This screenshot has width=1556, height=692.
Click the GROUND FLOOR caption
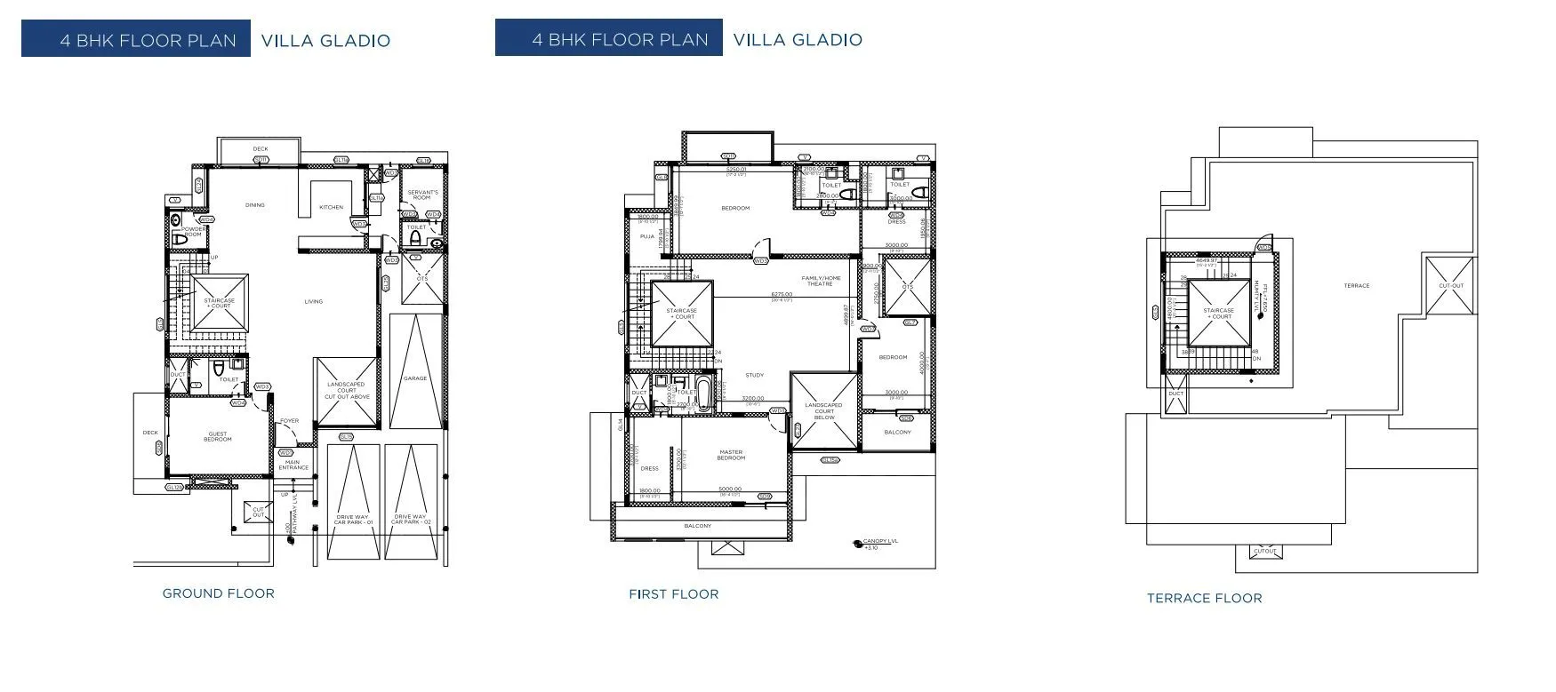click(x=218, y=593)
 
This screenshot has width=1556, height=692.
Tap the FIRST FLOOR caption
click(x=673, y=594)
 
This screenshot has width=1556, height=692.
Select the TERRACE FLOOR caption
click(x=1204, y=599)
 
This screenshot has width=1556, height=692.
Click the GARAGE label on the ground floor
click(x=415, y=378)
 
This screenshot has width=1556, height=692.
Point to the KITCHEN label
click(x=331, y=208)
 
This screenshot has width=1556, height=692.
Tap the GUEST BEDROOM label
click(x=218, y=437)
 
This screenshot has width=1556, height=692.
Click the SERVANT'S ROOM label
click(x=421, y=195)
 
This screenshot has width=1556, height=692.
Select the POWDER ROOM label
click(x=193, y=231)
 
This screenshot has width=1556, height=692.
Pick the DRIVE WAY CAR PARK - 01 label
click(x=352, y=519)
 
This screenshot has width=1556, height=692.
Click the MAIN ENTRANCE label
click(x=294, y=465)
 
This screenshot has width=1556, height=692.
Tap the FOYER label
click(x=289, y=421)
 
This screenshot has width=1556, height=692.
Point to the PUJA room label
click(x=646, y=237)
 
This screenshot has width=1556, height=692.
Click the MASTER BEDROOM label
click(x=731, y=455)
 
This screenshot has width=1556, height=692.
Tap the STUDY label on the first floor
click(x=754, y=375)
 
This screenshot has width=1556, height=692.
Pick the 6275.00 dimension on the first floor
click(x=782, y=294)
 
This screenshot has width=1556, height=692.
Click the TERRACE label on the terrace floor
click(x=1356, y=285)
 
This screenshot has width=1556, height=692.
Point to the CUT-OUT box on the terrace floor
click(x=1451, y=286)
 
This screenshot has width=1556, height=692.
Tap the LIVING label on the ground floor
click(x=313, y=301)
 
